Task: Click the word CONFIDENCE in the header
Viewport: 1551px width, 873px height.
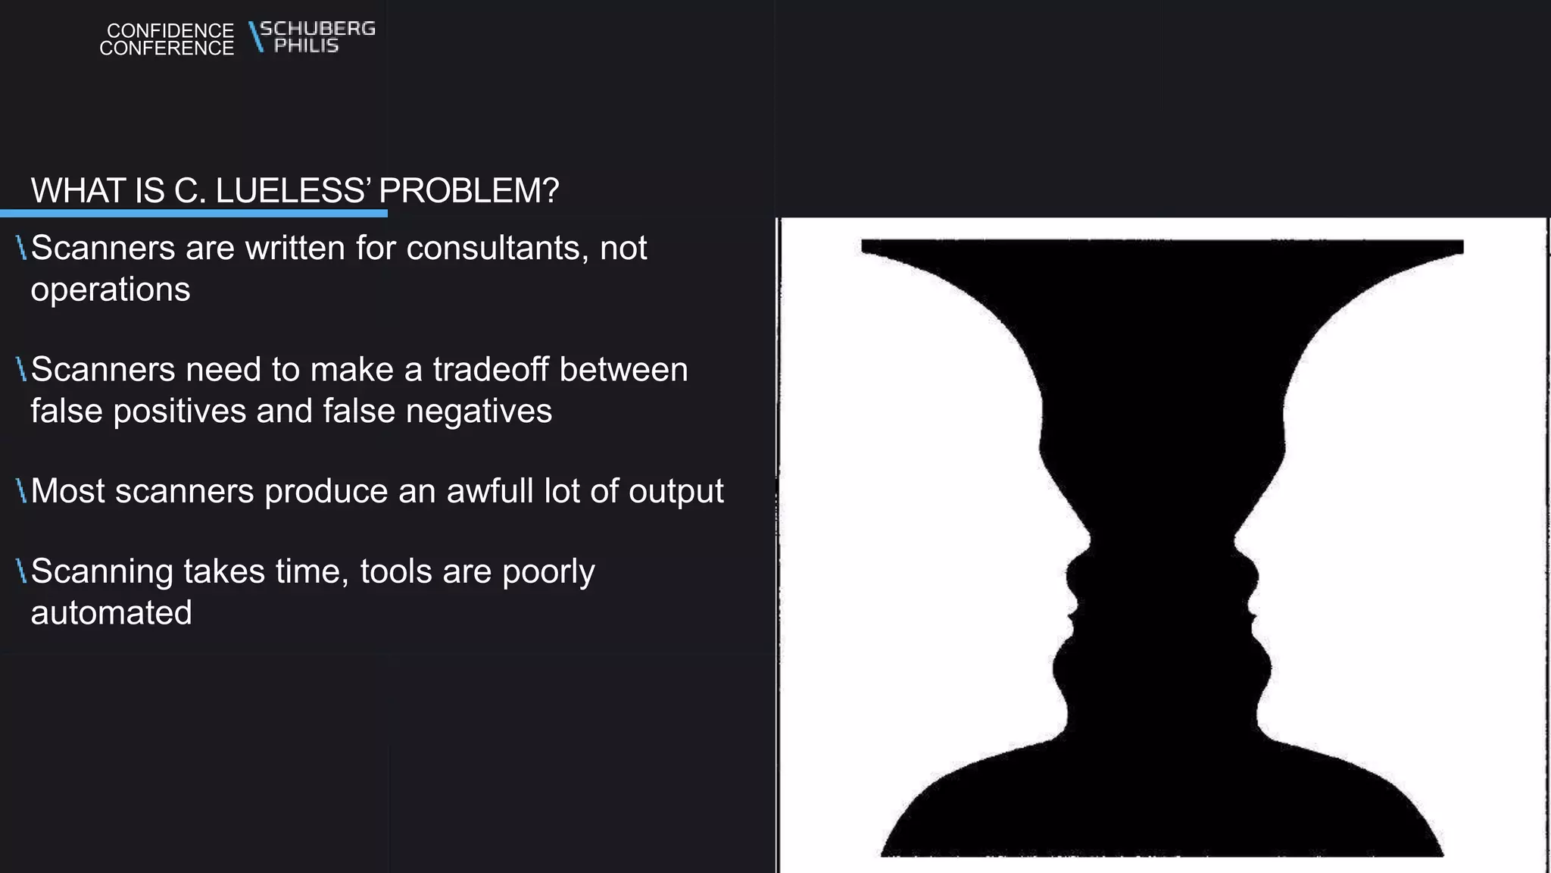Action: (x=170, y=30)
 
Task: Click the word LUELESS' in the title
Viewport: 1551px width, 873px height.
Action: (x=292, y=190)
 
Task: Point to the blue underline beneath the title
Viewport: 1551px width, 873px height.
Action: (x=194, y=214)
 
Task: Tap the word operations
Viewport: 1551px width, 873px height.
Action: (x=111, y=289)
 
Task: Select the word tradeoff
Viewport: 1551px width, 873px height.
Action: (x=490, y=370)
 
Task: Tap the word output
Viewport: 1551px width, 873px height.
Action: (x=676, y=491)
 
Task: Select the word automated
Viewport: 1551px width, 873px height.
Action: (x=111, y=612)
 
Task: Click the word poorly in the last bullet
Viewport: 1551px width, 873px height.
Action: (x=548, y=572)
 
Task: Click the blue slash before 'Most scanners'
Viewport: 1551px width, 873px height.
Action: (x=22, y=491)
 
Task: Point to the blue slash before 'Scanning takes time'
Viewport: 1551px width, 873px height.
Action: (x=22, y=571)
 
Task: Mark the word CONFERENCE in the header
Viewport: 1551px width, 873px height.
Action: (x=167, y=48)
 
